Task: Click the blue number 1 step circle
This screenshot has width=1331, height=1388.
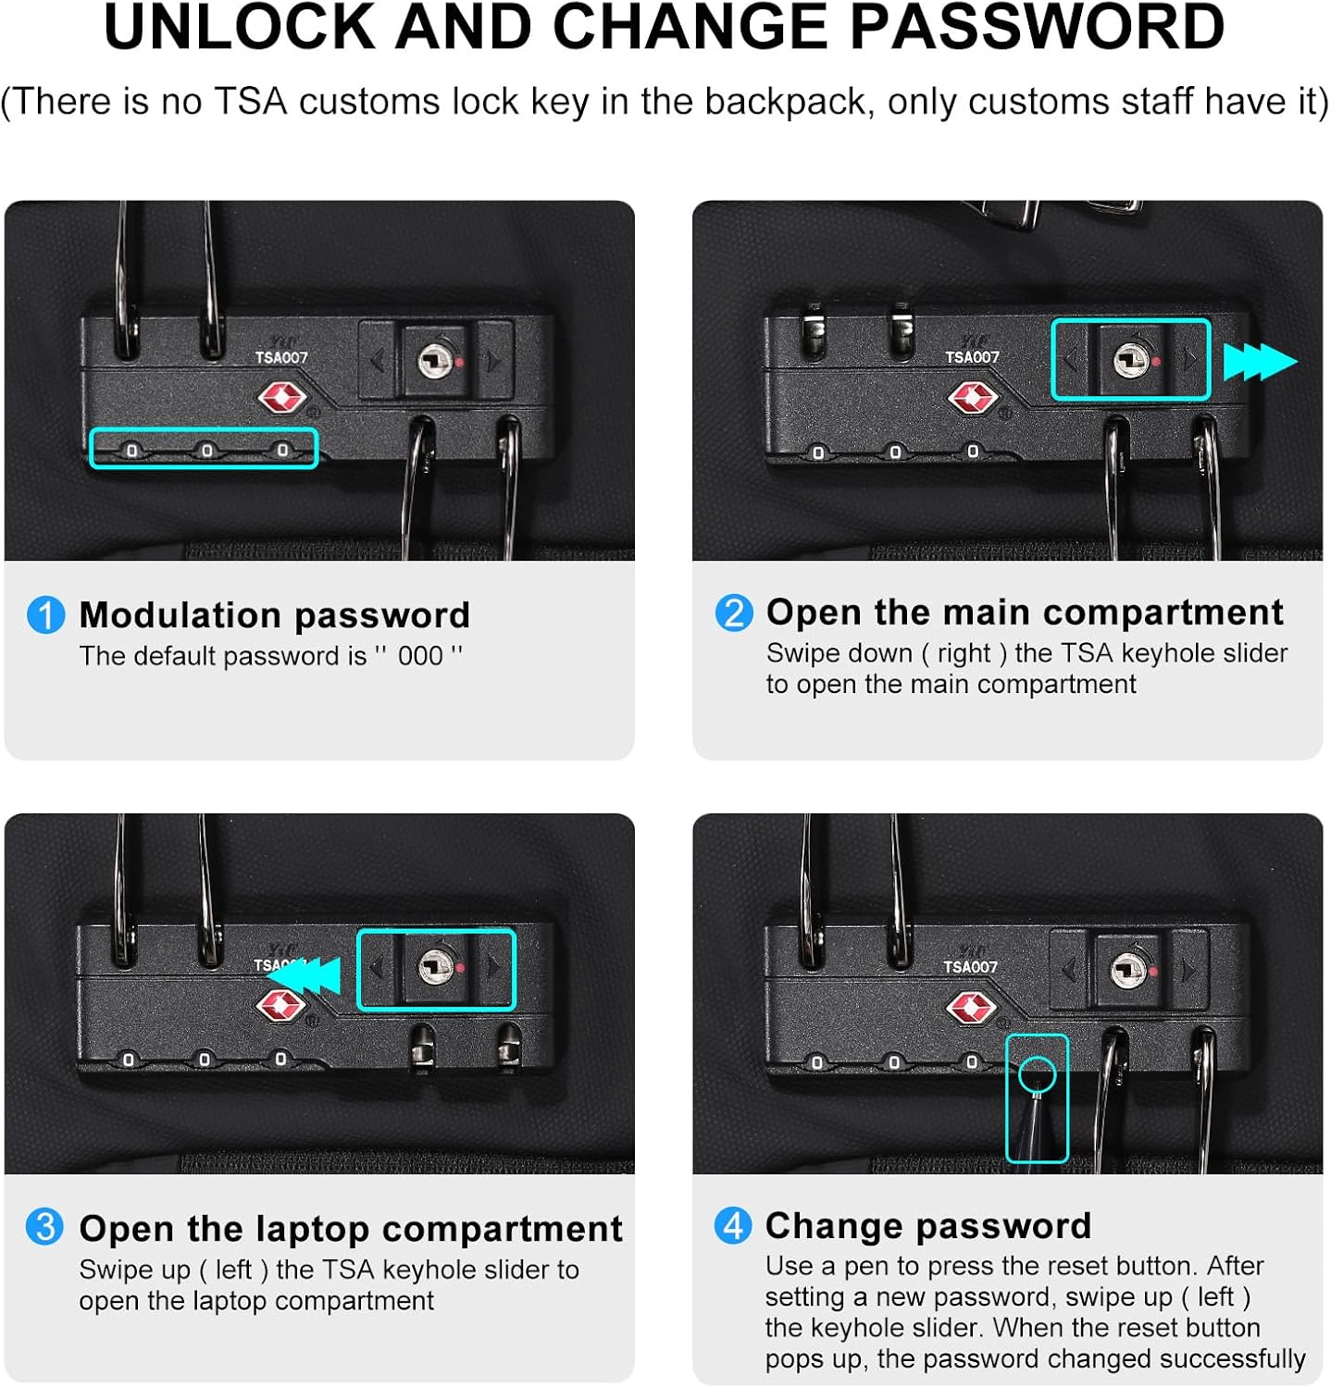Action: point(45,615)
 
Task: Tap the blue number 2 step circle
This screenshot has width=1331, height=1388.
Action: point(734,613)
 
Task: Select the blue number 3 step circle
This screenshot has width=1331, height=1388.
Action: point(44,1227)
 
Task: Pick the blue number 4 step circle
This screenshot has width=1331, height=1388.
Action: point(733,1226)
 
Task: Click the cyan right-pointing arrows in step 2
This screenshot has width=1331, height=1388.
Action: point(1261,362)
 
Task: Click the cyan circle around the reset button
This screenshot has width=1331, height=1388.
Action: point(1037,1075)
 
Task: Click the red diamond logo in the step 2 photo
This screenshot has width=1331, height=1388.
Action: point(972,398)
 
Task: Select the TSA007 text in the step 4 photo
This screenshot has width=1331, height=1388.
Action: point(971,967)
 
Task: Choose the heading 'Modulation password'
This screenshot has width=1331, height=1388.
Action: point(275,615)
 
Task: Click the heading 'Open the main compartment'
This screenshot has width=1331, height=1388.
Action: point(1026,613)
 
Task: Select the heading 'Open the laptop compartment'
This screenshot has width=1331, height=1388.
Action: point(351,1229)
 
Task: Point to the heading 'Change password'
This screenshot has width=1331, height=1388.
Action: point(928,1226)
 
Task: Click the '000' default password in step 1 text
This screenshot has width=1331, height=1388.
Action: point(420,656)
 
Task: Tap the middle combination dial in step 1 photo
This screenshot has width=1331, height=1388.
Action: point(206,451)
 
